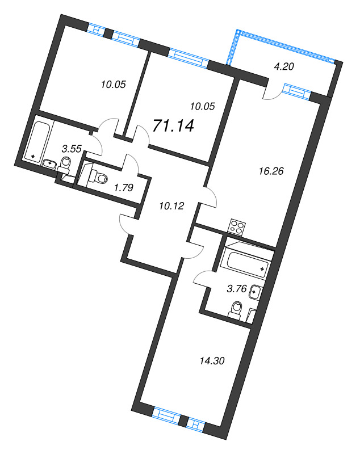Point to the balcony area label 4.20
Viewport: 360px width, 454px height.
click(284, 66)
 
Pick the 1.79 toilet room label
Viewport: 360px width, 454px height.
click(124, 188)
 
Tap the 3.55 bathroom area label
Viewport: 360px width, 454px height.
click(72, 149)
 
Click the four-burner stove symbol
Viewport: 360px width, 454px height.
click(237, 228)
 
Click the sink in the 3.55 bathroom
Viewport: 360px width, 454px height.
click(51, 164)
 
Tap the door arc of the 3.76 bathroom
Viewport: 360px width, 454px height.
click(202, 278)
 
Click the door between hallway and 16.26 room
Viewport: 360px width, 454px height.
click(210, 196)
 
